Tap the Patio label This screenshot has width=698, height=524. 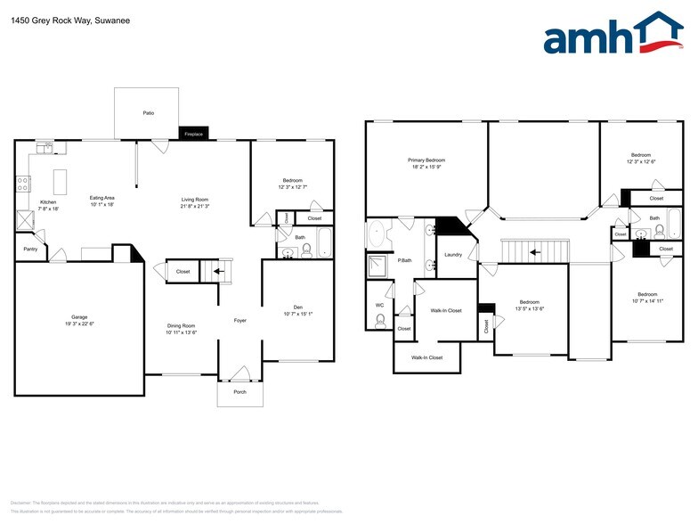[x=149, y=113]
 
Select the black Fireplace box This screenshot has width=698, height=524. [x=193, y=134]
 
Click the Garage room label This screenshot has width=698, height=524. [x=79, y=316]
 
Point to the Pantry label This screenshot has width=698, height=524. [x=30, y=249]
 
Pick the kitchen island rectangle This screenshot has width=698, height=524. [x=61, y=182]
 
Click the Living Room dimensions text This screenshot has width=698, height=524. [x=195, y=206]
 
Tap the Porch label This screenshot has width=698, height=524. [x=239, y=392]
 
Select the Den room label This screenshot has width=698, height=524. [x=297, y=307]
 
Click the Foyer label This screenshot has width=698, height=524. [x=239, y=320]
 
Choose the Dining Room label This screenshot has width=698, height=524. [x=182, y=325]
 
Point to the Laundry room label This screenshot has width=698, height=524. [x=453, y=255]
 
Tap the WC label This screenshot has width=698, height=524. [x=378, y=305]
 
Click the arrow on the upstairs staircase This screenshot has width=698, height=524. [x=533, y=252]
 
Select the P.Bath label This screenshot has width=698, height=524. [x=405, y=260]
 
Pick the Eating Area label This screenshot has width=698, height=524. [x=102, y=198]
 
